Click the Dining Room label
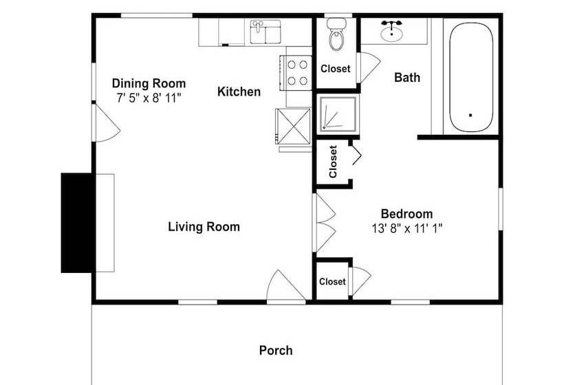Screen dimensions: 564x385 click(x=149, y=83)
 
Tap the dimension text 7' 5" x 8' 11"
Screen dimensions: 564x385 click(x=149, y=98)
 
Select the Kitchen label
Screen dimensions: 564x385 click(x=239, y=91)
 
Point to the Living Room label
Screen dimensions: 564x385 click(x=204, y=227)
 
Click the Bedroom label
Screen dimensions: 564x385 click(x=406, y=214)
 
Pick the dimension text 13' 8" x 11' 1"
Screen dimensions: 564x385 click(x=406, y=228)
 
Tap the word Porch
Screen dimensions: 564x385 click(x=276, y=351)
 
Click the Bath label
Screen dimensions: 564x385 click(x=407, y=77)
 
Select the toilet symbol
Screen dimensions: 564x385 click(x=336, y=34)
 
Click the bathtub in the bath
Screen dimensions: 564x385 click(x=471, y=77)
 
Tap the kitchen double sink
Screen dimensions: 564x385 click(x=265, y=32)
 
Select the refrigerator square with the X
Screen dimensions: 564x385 click(x=293, y=126)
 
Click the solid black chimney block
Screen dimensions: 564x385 click(x=76, y=223)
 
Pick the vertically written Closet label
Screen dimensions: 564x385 click(x=333, y=162)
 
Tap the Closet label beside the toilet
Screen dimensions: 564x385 click(x=336, y=69)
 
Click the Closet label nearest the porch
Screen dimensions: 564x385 click(x=332, y=281)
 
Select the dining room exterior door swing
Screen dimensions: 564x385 click(x=106, y=123)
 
